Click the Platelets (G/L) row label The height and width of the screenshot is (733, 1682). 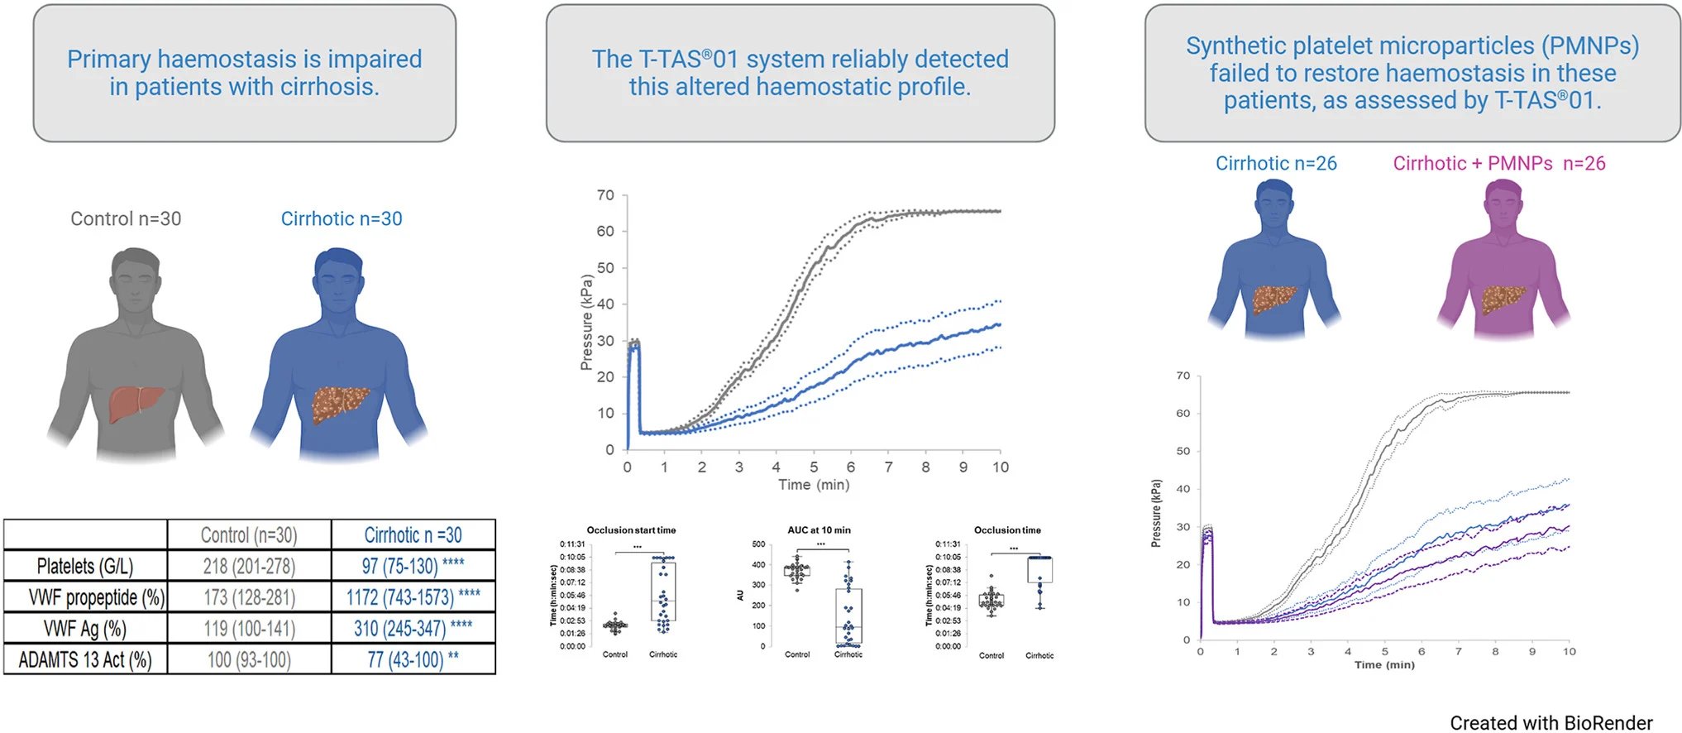pos(85,566)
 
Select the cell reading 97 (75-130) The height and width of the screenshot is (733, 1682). pos(400,566)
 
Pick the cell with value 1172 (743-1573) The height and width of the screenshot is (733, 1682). pos(400,596)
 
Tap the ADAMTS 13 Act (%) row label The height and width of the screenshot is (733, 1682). pos(85,659)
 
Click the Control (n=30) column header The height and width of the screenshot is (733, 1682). pos(249,535)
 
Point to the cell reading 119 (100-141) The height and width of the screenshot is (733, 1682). pos(249,629)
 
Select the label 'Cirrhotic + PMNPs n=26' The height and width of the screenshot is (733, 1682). pos(1498,164)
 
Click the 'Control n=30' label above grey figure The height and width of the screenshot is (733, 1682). pos(126,219)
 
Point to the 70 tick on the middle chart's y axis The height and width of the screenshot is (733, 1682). pos(605,195)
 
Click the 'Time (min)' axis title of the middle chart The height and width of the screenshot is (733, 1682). pos(814,485)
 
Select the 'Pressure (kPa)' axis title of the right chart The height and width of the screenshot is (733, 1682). pos(1156,513)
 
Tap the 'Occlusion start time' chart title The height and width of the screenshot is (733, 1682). pos(631,530)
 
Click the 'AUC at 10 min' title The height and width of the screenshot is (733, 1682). pos(819,530)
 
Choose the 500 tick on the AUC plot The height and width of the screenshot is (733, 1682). pos(758,544)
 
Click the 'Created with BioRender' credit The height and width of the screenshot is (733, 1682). pos(1551,723)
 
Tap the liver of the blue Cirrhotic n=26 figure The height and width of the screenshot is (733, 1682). pos(1274,299)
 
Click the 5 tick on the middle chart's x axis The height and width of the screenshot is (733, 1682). pos(814,467)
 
